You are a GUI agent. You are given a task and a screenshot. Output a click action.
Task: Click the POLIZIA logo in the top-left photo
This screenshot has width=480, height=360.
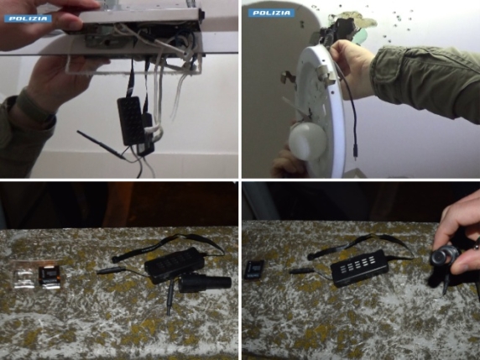pyautogui.click(x=28, y=18)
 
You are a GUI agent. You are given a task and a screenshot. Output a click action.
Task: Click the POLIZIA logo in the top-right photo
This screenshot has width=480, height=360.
pyautogui.click(x=271, y=13)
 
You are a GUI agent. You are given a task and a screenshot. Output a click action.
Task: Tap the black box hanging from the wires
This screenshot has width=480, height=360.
pyautogui.click(x=131, y=121)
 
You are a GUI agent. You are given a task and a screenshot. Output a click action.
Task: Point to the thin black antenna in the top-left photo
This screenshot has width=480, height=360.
pyautogui.click(x=102, y=145)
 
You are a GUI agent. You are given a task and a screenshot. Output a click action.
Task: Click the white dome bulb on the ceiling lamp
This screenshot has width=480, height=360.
pyautogui.click(x=307, y=142)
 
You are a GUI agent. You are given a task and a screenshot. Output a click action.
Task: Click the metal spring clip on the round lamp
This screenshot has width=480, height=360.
pyautogui.click(x=325, y=75)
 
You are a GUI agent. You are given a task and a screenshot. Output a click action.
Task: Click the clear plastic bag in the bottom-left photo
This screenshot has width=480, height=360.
pyautogui.click(x=23, y=275)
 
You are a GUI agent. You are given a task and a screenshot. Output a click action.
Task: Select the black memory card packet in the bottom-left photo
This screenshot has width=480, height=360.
pyautogui.click(x=50, y=277)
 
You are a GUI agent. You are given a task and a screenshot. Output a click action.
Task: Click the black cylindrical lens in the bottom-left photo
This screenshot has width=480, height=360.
pyautogui.click(x=205, y=283)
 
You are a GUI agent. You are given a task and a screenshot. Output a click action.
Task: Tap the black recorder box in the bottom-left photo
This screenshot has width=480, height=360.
pyautogui.click(x=175, y=265)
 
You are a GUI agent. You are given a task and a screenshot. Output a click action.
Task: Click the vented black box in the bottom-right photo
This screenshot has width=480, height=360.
pyautogui.click(x=360, y=269)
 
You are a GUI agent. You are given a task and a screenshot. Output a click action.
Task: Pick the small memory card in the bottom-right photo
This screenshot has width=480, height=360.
pyautogui.click(x=253, y=269)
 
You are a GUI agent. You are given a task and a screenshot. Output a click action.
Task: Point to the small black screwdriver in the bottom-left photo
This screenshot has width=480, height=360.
pyautogui.click(x=170, y=297)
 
